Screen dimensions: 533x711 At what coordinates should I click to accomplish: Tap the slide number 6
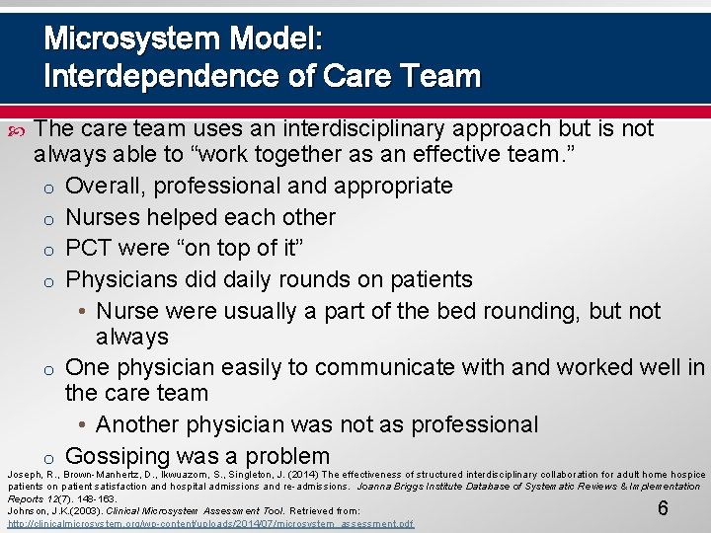coord(664,508)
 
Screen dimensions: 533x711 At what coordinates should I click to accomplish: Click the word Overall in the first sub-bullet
coord(105,186)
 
